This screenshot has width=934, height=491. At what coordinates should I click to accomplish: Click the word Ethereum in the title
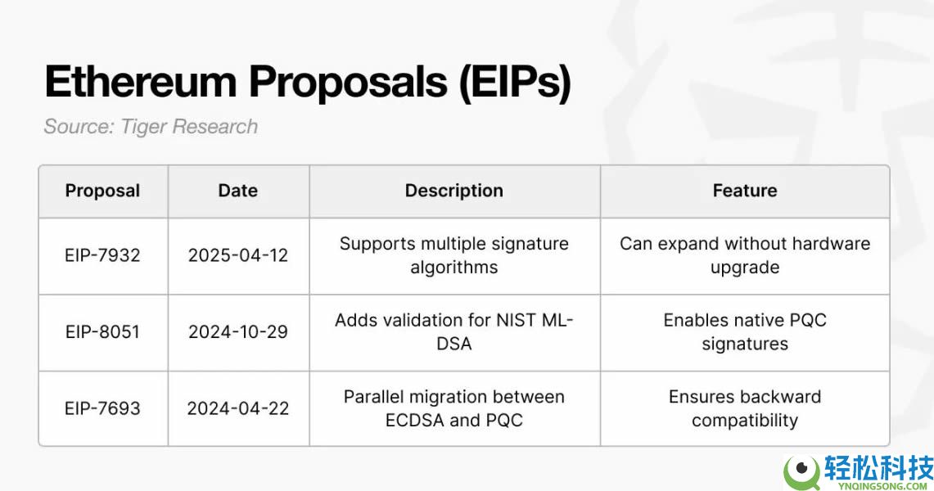(x=141, y=81)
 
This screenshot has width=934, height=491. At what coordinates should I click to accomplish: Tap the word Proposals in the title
(x=348, y=82)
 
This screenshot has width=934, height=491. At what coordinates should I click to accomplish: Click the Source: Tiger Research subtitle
(x=151, y=126)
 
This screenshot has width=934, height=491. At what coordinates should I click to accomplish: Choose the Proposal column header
(x=102, y=191)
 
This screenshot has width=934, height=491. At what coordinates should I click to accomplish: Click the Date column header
(x=237, y=191)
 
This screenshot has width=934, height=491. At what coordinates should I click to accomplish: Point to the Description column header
(x=453, y=191)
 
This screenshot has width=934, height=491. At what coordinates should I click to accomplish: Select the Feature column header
(x=745, y=191)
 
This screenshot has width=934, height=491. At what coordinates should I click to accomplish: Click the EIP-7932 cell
(x=102, y=255)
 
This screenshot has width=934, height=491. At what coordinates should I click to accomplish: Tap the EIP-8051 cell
(x=102, y=331)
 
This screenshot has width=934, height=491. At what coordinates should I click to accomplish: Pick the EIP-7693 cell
(x=102, y=408)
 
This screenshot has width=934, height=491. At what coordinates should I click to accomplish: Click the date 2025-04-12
(x=237, y=255)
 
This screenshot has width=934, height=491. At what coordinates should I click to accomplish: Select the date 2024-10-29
(x=237, y=331)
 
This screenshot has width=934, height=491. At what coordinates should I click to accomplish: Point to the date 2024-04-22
(x=237, y=408)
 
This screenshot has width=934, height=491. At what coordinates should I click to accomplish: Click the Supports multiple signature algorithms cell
(x=453, y=255)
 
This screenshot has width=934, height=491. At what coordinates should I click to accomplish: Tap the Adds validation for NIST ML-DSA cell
(x=453, y=331)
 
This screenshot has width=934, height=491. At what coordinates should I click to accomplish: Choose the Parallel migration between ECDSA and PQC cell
(x=453, y=408)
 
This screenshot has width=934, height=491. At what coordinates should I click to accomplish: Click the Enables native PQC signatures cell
(x=745, y=331)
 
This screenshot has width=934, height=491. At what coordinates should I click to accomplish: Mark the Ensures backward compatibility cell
(x=745, y=408)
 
